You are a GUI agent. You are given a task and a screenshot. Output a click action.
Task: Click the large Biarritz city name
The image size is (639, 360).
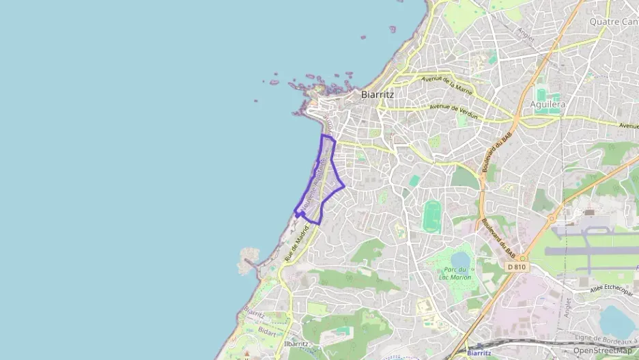[x=378, y=95]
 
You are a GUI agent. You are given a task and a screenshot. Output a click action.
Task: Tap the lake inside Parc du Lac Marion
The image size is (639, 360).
[x=460, y=259]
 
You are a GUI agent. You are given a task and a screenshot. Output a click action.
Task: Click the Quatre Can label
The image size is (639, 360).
[x=613, y=22]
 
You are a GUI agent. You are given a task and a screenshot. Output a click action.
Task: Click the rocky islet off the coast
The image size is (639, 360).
[x=248, y=260]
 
